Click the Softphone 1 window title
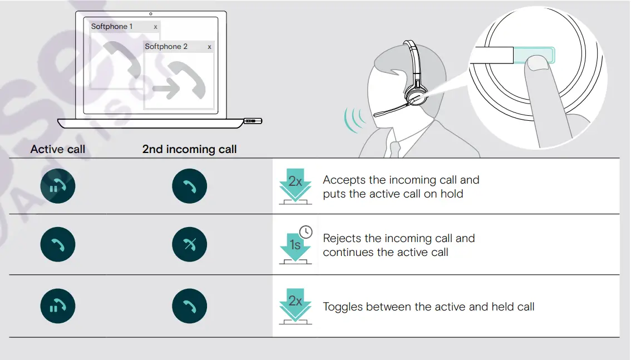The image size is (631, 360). (112, 27)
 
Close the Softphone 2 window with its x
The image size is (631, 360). (209, 47)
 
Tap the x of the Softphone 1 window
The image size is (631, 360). (155, 27)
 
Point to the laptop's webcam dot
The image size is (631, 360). (151, 13)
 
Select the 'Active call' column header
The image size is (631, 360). (58, 149)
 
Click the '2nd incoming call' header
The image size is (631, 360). (189, 149)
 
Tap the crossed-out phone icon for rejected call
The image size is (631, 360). (189, 245)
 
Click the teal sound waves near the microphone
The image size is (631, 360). (354, 120)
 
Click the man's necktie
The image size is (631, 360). (396, 149)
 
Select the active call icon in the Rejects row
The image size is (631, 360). (58, 245)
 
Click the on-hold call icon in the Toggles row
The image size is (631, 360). (58, 307)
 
